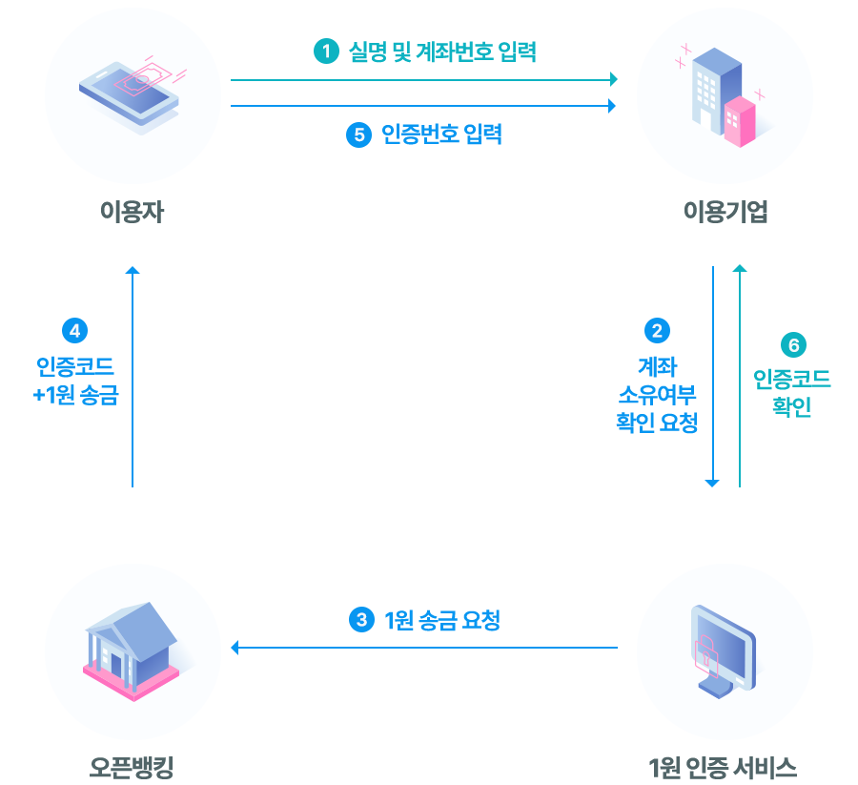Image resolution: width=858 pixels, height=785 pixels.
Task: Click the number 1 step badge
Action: coord(326,52)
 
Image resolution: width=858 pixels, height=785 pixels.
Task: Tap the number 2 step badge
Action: coord(657,331)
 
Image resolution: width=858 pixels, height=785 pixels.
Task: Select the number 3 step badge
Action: coord(360,620)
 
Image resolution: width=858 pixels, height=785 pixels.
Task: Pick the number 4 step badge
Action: coord(74,331)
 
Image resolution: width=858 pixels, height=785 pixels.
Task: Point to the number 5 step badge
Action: coord(357,134)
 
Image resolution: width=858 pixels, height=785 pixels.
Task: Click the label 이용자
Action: coord(132,212)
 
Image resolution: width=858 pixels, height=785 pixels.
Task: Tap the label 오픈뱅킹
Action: coord(132,766)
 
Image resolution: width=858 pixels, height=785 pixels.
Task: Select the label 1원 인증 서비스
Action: coord(722,766)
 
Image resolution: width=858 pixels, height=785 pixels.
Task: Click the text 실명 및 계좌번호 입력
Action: coord(442,52)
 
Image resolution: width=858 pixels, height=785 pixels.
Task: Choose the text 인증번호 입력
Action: coord(440,134)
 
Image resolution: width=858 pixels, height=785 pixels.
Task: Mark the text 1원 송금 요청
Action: coord(441,620)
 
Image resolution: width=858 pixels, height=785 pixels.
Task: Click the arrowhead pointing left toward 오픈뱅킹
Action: coord(235,649)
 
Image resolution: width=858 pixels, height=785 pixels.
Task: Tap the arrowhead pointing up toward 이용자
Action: coord(133,272)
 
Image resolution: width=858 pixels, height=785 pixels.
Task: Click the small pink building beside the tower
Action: coord(740,122)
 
